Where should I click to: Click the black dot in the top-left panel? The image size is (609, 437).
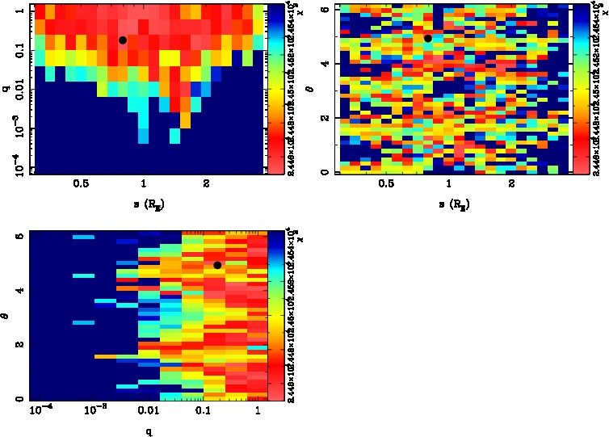[123, 40]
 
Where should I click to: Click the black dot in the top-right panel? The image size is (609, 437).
[428, 38]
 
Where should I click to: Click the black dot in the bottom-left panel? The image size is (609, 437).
[217, 265]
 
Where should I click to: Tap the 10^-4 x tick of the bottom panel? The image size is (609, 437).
[40, 413]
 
